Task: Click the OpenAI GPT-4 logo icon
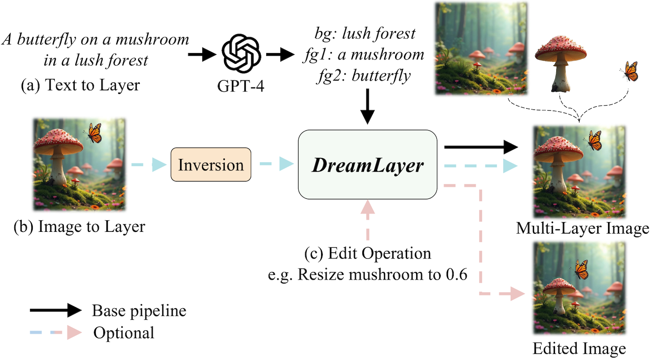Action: [241, 54]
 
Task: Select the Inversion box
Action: [211, 165]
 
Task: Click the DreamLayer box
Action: [367, 165]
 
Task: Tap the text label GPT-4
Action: [240, 86]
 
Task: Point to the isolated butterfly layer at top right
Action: [630, 71]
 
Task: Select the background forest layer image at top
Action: [481, 49]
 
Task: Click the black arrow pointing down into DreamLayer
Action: [367, 106]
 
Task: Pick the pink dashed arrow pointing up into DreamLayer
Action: [367, 220]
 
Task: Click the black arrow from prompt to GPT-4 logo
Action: [202, 54]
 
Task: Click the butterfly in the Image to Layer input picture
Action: [94, 133]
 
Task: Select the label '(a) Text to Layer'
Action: [80, 85]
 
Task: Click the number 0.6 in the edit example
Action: [456, 275]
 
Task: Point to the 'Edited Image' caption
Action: [579, 349]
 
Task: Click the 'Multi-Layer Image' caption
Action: [582, 228]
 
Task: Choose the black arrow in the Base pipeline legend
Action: [56, 310]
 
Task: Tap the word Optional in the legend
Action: [124, 333]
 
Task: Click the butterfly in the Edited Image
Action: [581, 269]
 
